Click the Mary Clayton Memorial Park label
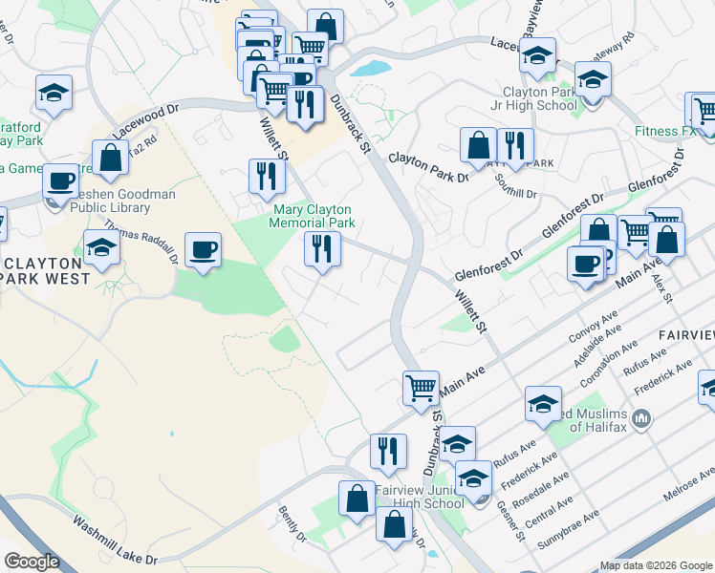coord(314,216)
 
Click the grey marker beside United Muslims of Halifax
coord(641,418)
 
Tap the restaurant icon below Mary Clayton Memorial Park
coord(322,249)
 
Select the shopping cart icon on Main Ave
coord(421,388)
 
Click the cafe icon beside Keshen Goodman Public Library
coord(60,180)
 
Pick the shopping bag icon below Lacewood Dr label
coord(111,157)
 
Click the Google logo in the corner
coord(32,562)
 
